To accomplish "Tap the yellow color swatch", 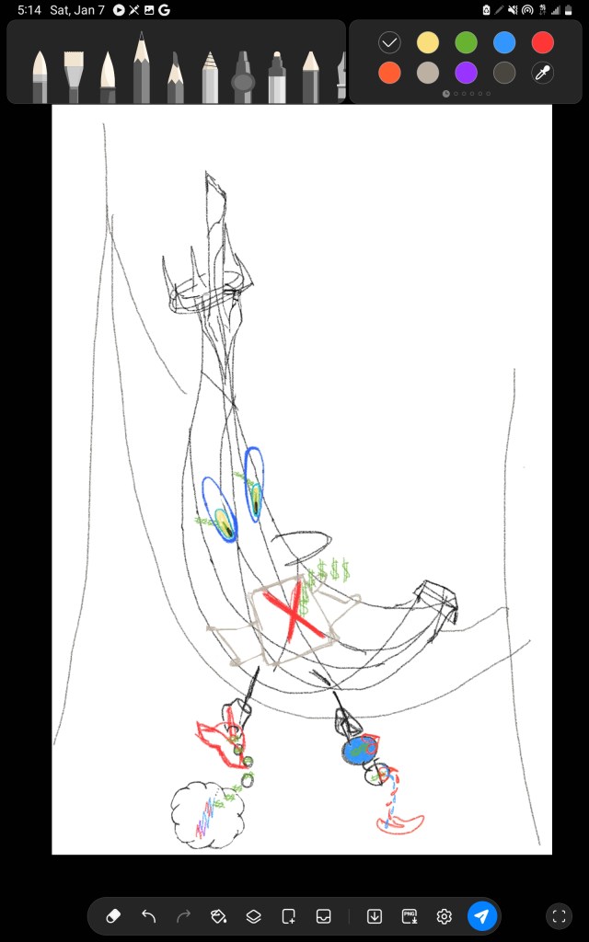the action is pos(427,42).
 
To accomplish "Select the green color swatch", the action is pos(466,42).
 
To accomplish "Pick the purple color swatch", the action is pos(466,73).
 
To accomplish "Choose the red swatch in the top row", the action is pos(543,42).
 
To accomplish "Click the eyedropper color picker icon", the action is pos(543,73).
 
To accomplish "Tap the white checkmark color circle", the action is pos(389,42).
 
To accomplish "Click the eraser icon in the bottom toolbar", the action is pos(113,916).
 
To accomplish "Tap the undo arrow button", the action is pos(148,916).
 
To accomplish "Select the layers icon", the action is pos(254,916).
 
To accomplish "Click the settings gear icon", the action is pos(445,916).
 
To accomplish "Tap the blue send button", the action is pos(482,916).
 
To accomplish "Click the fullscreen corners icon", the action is pos(559,916).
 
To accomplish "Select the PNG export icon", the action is pos(410,916).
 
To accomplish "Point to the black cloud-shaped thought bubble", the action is pos(207,815).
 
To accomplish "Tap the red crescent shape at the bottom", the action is pos(400,825).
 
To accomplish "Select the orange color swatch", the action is pos(389,73).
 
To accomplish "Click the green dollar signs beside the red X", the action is pos(328,572).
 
